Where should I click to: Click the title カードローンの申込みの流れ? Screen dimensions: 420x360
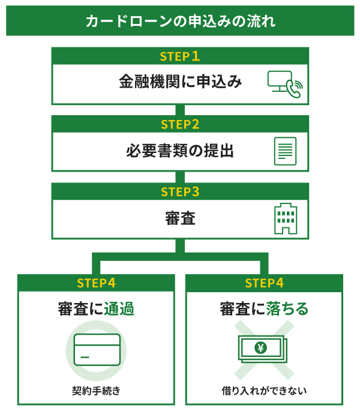(180, 22)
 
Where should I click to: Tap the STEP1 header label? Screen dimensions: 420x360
(180, 56)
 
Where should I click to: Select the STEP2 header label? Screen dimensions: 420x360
(180, 124)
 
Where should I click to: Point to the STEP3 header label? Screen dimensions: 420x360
(180, 192)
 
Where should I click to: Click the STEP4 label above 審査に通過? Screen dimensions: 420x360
(96, 283)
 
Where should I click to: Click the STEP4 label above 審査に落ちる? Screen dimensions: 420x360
(264, 283)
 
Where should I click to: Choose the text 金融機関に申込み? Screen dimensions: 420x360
(180, 83)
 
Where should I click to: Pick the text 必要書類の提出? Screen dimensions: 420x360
(180, 151)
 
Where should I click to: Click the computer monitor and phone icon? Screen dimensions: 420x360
(285, 84)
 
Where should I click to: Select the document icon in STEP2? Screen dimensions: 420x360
(285, 151)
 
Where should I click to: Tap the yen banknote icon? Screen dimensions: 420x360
(262, 348)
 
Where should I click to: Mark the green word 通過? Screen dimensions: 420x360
(118, 310)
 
